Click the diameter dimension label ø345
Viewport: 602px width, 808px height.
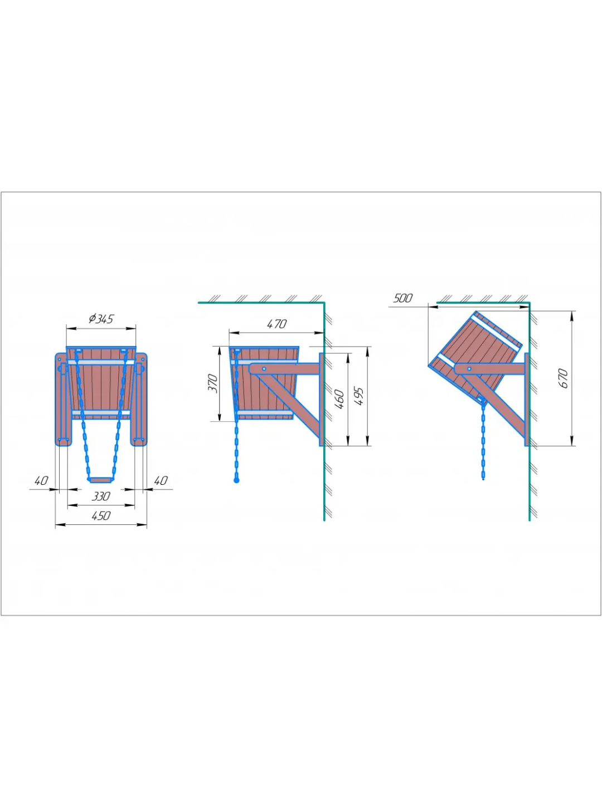click(x=101, y=319)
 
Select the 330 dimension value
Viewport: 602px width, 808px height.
click(x=101, y=496)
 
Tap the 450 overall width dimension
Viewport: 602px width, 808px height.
click(x=101, y=515)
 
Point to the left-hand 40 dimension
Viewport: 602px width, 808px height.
click(x=41, y=480)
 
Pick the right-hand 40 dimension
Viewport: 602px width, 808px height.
click(x=161, y=480)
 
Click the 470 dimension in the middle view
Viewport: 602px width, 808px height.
click(x=276, y=324)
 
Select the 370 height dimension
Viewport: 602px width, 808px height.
click(x=213, y=383)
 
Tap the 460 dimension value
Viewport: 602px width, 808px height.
click(x=339, y=399)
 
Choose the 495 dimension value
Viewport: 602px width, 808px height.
click(x=358, y=396)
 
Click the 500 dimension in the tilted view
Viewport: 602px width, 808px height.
click(x=402, y=298)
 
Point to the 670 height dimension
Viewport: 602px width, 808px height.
click(x=563, y=378)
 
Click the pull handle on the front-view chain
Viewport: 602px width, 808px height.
click(x=101, y=480)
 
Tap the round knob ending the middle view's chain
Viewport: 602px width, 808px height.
click(x=236, y=480)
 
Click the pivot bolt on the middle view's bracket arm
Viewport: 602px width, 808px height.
click(x=264, y=369)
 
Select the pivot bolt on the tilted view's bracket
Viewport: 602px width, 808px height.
click(x=469, y=369)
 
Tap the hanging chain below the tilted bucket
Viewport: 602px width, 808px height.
click(x=483, y=440)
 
